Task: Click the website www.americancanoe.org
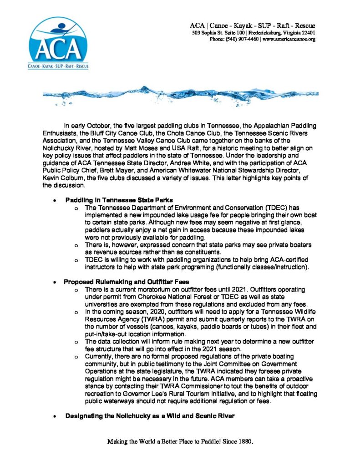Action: pyautogui.click(x=289, y=40)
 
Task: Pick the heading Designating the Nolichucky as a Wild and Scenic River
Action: pyautogui.click(x=150, y=415)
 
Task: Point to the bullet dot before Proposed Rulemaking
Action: pyautogui.click(x=55, y=283)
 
